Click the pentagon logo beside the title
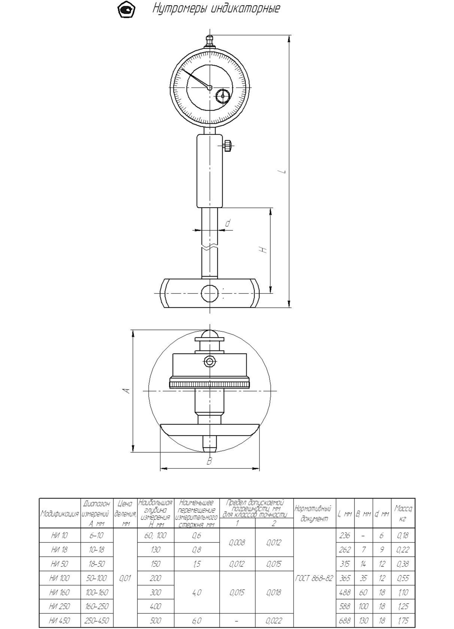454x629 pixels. click(126, 10)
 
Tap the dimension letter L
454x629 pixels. click(284, 172)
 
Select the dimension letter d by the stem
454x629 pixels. click(228, 223)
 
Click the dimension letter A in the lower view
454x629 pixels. click(126, 391)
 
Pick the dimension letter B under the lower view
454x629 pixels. click(209, 461)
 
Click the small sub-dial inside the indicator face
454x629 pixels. click(223, 96)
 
